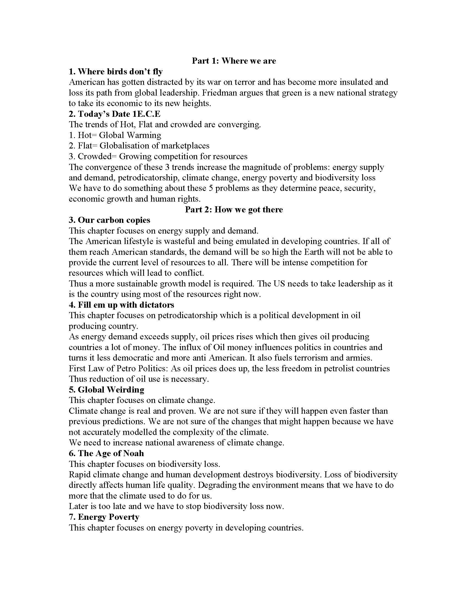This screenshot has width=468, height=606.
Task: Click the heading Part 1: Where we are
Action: pos(234,61)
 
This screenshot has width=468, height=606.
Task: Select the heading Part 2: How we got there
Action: pos(234,209)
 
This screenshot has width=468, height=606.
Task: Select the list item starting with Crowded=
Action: pos(158,156)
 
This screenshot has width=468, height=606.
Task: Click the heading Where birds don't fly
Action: pos(116,72)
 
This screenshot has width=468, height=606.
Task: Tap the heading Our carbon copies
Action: pos(110,220)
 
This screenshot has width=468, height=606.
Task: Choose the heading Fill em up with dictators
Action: pos(121,305)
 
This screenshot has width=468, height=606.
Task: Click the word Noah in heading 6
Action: pos(133,453)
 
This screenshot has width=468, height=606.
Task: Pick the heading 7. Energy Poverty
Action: pos(104,517)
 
